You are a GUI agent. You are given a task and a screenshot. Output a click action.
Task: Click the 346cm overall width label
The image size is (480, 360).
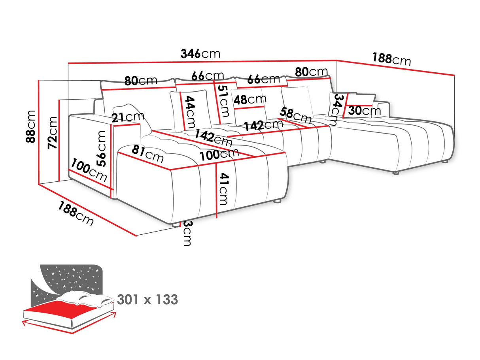[x=200, y=53]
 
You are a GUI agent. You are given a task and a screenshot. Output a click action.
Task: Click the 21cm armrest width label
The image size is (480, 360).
[x=127, y=117]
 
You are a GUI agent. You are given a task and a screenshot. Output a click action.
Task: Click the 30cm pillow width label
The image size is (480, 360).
[x=364, y=111]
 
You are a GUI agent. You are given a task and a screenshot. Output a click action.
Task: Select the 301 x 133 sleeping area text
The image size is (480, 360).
[x=147, y=300]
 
